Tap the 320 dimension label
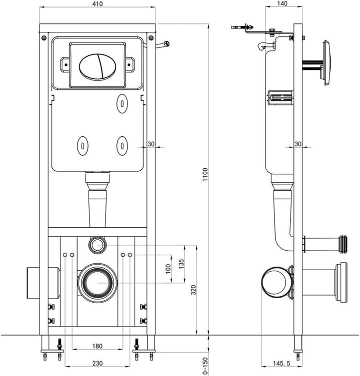(192, 290)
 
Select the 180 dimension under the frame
(97, 346)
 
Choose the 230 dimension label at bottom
(97, 364)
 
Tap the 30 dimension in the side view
(298, 144)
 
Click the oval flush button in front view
(98, 64)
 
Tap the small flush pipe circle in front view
(97, 244)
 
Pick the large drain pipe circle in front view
(97, 281)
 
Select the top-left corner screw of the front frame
(44, 38)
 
